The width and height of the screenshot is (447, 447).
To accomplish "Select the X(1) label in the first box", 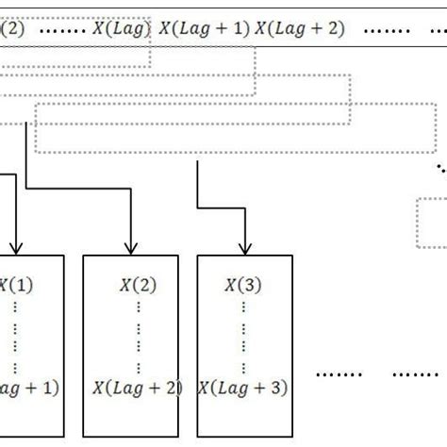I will point(15,283).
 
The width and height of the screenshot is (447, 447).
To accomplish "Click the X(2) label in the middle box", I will point(138,283).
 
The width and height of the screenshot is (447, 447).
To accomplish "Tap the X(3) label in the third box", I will point(243,283).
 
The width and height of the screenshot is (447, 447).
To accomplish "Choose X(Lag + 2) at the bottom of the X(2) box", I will point(138,387).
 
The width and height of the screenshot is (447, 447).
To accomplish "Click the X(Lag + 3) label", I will point(243,387).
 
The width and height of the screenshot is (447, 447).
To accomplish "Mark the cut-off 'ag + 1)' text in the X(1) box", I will point(28,387).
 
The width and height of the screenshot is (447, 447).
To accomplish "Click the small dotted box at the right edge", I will point(431,223).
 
